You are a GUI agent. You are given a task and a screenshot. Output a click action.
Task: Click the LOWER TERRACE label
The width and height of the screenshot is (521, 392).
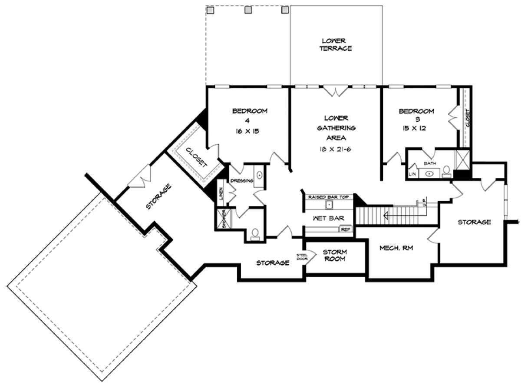point(336,44)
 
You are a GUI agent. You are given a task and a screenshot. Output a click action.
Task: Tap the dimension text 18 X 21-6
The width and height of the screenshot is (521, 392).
point(336,149)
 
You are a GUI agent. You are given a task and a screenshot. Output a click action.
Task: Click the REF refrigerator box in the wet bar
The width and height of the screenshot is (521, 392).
point(346,229)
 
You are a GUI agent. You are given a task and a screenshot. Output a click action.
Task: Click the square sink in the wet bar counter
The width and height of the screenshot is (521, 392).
point(329,204)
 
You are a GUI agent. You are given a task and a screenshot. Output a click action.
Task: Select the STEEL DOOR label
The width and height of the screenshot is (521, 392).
point(302,257)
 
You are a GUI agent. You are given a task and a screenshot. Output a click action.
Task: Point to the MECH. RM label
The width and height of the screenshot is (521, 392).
point(396,249)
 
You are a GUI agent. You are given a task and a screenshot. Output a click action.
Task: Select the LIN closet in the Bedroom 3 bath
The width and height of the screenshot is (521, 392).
point(412,174)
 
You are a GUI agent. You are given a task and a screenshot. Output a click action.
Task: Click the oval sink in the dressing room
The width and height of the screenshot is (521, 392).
point(259,176)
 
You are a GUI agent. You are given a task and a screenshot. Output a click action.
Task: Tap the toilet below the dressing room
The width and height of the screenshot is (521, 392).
point(255,233)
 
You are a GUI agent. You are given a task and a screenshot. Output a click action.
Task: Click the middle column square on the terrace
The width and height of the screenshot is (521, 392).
point(248,9)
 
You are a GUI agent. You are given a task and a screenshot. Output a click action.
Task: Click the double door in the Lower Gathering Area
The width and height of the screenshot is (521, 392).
point(336,91)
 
